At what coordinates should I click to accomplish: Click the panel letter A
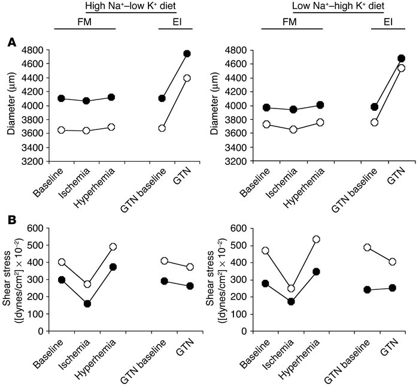11,43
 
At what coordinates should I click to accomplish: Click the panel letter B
11,219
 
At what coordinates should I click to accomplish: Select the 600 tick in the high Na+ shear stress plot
39,228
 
